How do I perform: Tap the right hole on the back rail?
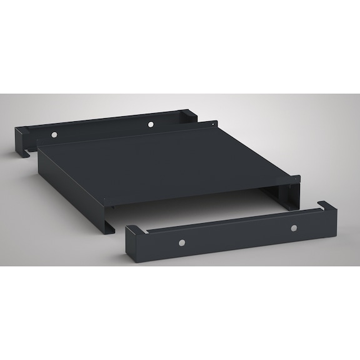click(150, 125)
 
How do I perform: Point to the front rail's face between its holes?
click(237, 237)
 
